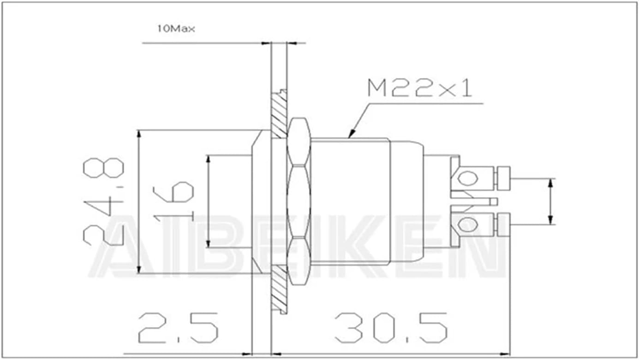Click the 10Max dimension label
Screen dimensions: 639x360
(176, 29)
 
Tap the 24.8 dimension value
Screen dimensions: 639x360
(103, 201)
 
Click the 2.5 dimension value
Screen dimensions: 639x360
(178, 328)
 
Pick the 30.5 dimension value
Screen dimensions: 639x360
(391, 328)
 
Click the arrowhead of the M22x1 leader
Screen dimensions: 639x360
(352, 134)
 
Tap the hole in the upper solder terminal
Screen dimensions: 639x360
(467, 179)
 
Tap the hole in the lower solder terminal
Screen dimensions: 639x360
(467, 224)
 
